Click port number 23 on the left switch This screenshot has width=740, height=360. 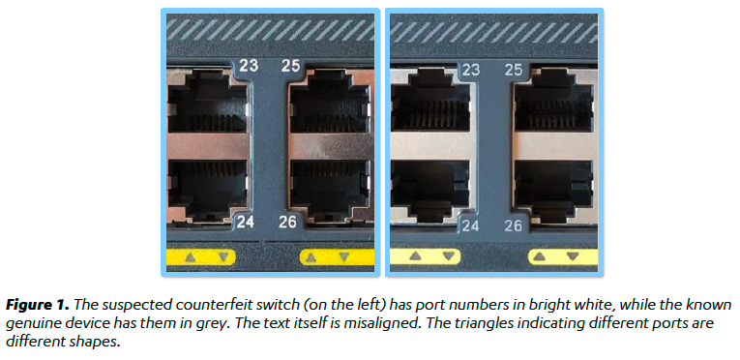coord(249,65)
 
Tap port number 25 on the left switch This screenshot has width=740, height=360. coord(290,65)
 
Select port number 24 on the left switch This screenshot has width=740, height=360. coord(246,221)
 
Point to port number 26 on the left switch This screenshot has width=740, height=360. coord(287,221)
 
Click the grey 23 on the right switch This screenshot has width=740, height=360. coord(470,70)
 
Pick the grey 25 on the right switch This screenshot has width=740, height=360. coord(514,70)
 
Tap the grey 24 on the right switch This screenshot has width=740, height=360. coord(470,225)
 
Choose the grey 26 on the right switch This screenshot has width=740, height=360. coord(513,225)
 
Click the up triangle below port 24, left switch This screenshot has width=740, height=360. coord(191,257)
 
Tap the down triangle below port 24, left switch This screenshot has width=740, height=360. coord(224,257)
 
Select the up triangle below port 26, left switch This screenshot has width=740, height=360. coord(311,257)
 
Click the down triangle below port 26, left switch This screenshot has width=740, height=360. coord(344,257)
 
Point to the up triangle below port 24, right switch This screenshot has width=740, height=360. coord(415,256)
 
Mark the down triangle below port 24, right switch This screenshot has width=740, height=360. coord(449,256)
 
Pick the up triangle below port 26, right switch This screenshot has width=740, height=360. coord(540,256)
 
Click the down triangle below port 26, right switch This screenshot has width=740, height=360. coord(573,256)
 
